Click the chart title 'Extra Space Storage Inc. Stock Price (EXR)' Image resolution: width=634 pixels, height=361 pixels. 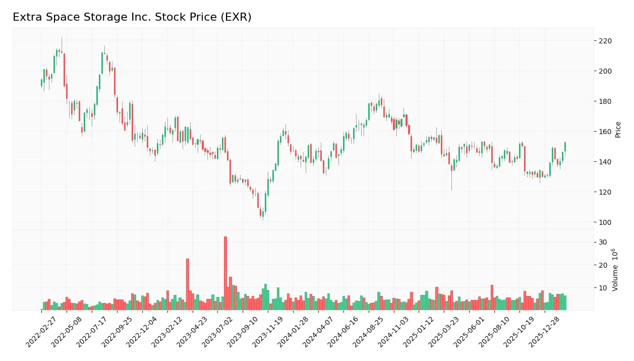coord(132,17)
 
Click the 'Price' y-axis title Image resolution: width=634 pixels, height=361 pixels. coord(618,130)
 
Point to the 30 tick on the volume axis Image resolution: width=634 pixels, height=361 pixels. coord(603,243)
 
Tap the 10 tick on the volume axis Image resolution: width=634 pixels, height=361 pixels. coord(603,288)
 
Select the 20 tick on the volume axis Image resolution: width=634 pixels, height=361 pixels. coord(603,265)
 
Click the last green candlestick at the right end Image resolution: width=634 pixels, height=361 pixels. coord(565,146)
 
